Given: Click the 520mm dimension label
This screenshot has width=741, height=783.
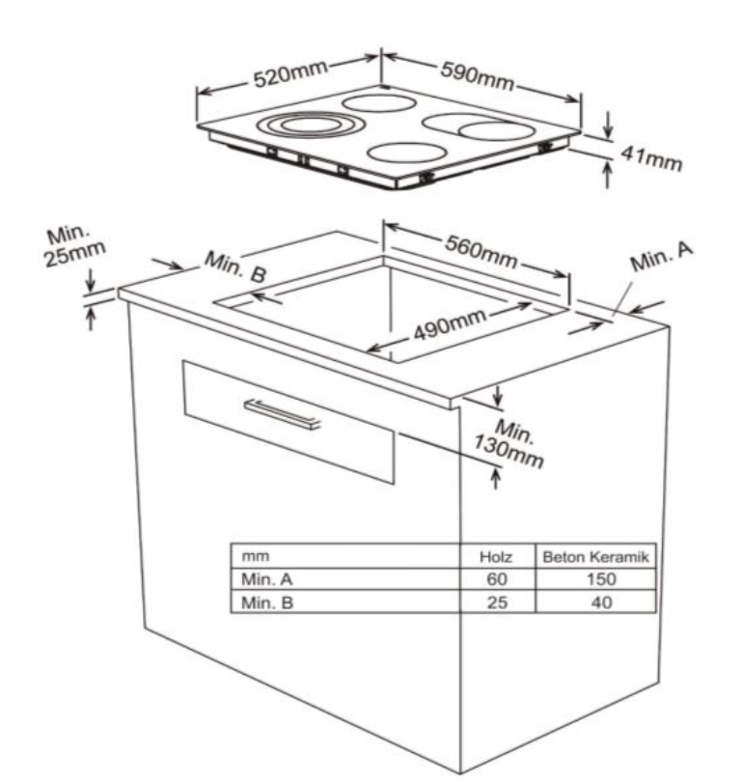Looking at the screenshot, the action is pyautogui.click(x=290, y=74).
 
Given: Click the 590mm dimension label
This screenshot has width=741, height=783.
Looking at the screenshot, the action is pyautogui.click(x=477, y=76).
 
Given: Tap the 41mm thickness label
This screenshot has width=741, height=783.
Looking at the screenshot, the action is pyautogui.click(x=651, y=157).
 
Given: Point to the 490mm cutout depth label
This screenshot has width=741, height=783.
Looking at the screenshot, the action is pyautogui.click(x=450, y=324).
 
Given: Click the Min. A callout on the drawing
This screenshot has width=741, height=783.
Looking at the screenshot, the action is pyautogui.click(x=661, y=257).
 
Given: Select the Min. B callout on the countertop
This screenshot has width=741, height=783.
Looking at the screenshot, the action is pyautogui.click(x=235, y=266).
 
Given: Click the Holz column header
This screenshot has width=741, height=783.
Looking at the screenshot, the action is pyautogui.click(x=496, y=557).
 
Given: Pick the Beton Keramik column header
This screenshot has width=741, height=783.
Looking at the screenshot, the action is pyautogui.click(x=596, y=557).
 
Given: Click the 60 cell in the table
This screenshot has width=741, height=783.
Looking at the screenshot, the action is pyautogui.click(x=497, y=579).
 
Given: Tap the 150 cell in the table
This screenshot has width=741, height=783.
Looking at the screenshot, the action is pyautogui.click(x=601, y=579).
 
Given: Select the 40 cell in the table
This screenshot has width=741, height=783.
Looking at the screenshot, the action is pyautogui.click(x=601, y=602).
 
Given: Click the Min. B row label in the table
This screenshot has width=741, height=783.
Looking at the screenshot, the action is pyautogui.click(x=267, y=602).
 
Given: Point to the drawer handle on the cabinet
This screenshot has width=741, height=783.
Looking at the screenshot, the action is pyautogui.click(x=282, y=414).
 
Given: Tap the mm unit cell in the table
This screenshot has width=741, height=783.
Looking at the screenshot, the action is pyautogui.click(x=255, y=556).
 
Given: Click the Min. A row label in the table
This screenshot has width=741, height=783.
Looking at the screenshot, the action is pyautogui.click(x=266, y=579).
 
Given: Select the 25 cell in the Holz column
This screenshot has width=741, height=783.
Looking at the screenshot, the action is pyautogui.click(x=497, y=602).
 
